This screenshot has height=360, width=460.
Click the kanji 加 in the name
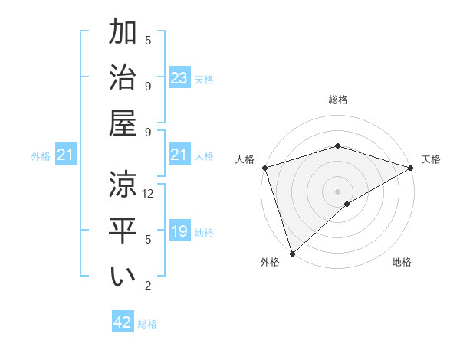point(123,34)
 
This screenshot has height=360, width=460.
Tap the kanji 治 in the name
point(123,78)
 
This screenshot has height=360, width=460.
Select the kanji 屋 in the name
point(123,123)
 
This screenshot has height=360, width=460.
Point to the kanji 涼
point(123,184)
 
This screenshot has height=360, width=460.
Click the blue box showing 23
point(179,78)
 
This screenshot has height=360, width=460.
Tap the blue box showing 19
point(179,232)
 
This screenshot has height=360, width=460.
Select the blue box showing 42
point(123,322)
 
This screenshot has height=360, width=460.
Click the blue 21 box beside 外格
point(67,155)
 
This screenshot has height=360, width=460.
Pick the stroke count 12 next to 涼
point(149,193)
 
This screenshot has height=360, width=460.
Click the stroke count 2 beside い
point(148,286)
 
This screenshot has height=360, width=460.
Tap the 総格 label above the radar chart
point(337,100)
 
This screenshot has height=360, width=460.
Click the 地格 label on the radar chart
point(402,263)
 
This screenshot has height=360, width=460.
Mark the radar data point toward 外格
point(292,253)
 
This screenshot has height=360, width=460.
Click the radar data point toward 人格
point(264,167)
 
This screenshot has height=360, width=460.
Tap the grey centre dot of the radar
point(337,191)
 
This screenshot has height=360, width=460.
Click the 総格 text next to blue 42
point(147,324)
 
